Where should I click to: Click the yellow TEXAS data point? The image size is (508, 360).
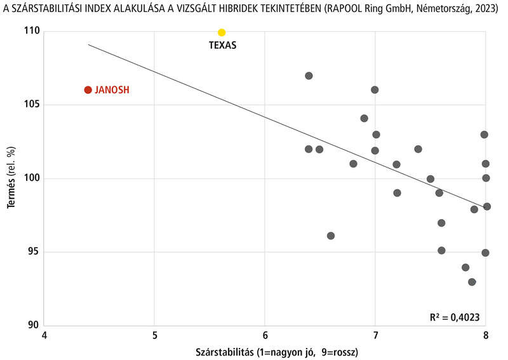pos(222,32)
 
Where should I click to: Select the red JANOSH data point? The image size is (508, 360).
pos(88,90)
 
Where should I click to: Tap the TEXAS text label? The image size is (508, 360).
pos(223,46)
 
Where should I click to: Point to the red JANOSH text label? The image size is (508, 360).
pos(112,90)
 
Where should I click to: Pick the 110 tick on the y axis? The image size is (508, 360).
pos(32,31)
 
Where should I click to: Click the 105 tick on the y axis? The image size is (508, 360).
pos(32,105)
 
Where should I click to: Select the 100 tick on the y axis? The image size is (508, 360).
pos(32,178)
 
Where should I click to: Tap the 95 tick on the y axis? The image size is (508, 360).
pos(34,252)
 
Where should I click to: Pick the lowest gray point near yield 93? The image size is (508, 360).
pos(472,282)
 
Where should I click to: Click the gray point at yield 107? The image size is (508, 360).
pos(309,76)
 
